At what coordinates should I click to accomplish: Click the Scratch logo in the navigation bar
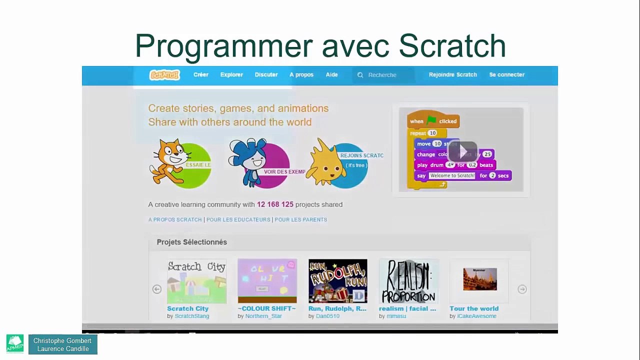(x=164, y=75)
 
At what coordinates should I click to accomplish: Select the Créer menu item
(x=200, y=74)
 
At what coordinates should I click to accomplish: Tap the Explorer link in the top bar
(x=231, y=74)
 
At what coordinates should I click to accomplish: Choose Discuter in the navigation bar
(x=266, y=74)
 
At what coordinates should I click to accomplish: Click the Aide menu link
(x=331, y=74)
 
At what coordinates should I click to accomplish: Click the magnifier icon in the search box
(x=360, y=75)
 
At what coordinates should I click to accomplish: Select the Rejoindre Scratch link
(x=452, y=74)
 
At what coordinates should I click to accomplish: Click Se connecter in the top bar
(x=506, y=74)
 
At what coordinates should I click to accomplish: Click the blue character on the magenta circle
(x=248, y=161)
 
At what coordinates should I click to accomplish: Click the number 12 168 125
(x=275, y=204)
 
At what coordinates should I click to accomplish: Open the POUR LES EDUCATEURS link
(x=238, y=219)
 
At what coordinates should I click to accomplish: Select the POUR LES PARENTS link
(x=300, y=219)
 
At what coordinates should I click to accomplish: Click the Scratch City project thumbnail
(x=196, y=281)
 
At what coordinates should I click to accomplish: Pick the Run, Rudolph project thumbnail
(x=337, y=281)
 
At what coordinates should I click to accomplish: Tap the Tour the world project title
(x=473, y=308)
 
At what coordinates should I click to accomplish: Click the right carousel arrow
(x=522, y=289)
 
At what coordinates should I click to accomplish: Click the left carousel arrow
(x=157, y=289)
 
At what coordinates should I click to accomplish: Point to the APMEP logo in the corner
(x=15, y=344)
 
